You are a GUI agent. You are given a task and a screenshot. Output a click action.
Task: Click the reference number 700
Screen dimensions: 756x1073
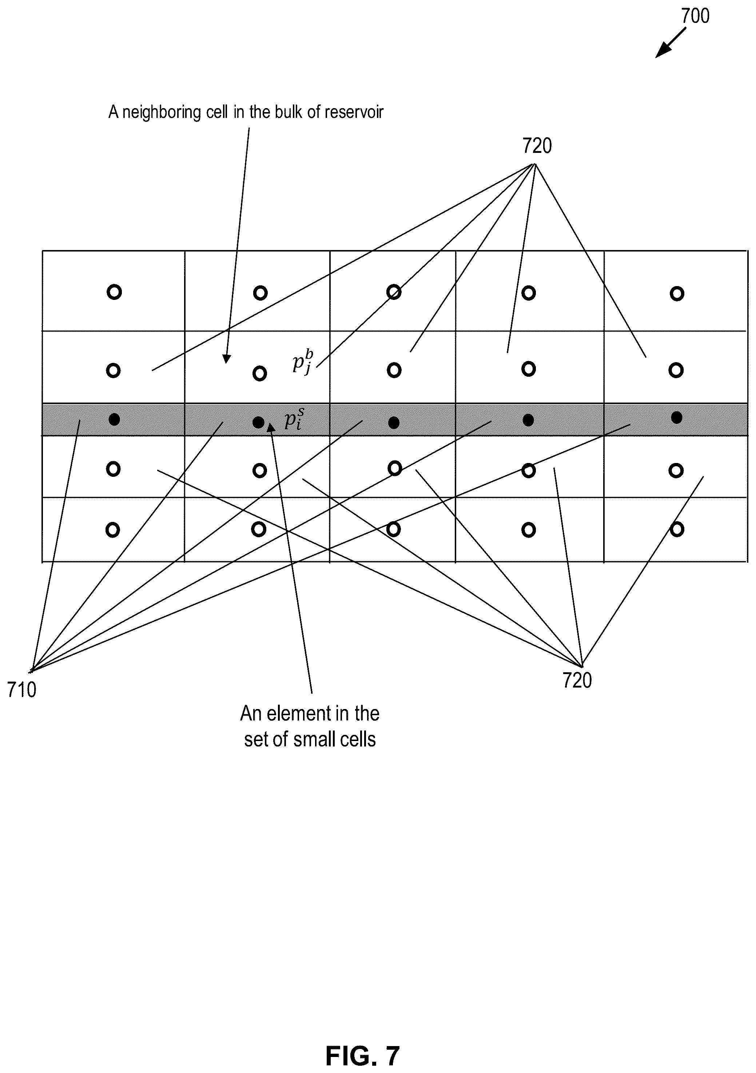[x=695, y=16]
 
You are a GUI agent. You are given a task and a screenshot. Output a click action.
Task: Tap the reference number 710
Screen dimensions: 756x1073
[x=21, y=690]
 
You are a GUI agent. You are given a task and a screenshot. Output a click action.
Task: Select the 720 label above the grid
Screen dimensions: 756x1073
[x=537, y=146]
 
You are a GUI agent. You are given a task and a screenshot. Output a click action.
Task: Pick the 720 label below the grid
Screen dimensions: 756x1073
[x=577, y=681]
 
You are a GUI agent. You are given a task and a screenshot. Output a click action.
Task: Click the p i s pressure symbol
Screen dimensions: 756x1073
[x=295, y=418]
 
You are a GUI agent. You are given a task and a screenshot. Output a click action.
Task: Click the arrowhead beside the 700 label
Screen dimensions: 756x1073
[x=661, y=53]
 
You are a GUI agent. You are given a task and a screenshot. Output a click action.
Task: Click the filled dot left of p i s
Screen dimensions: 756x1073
[x=258, y=423]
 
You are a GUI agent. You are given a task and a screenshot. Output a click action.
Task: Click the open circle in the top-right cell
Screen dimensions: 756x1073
[x=677, y=293]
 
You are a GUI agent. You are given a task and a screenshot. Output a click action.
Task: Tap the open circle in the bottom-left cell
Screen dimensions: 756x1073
[x=113, y=530]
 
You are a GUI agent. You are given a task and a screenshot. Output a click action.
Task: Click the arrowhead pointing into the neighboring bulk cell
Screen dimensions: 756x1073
[x=227, y=359]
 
